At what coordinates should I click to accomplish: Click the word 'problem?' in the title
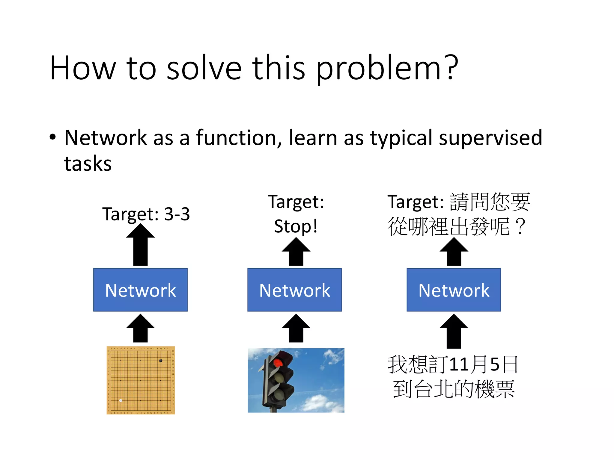387,69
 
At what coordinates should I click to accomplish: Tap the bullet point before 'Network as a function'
53,137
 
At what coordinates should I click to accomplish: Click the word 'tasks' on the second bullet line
88,164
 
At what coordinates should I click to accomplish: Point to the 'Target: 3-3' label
146,214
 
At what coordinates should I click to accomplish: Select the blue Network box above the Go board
140,290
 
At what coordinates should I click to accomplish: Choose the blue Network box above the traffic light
294,290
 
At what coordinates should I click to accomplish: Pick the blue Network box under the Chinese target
454,290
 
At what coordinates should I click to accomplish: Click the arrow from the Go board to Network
140,329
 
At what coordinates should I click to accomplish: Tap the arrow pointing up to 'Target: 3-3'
140,245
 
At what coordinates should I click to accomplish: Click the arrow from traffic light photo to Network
296,329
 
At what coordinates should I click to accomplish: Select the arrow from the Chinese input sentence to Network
454,332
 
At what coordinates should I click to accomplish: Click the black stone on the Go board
161,361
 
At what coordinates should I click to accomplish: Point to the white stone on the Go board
121,400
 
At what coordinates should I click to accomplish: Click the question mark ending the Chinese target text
521,227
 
